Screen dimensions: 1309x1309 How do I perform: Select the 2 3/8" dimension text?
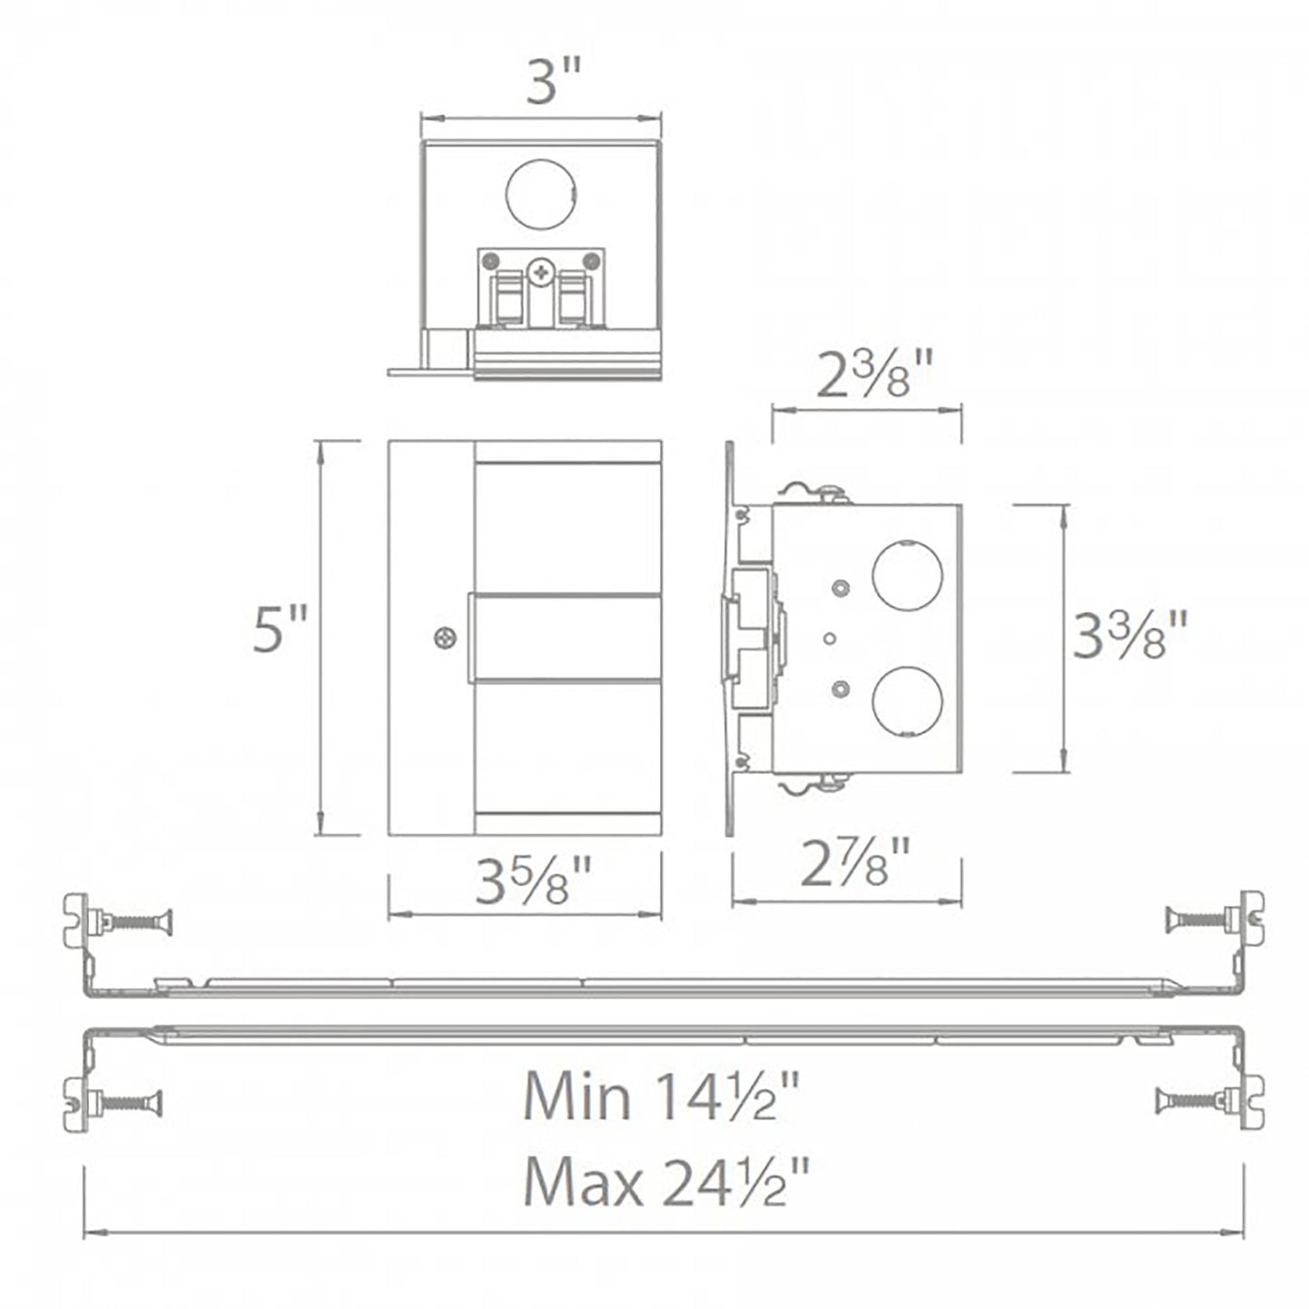point(873,378)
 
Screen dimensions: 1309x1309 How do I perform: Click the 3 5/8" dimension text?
point(534,882)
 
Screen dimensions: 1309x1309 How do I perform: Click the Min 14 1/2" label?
point(662,1097)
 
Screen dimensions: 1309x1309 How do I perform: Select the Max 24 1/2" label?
point(667,1183)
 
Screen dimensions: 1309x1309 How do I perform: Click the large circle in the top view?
point(541,193)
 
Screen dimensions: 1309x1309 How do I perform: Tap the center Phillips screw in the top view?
point(542,269)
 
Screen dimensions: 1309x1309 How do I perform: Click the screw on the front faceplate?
point(444,638)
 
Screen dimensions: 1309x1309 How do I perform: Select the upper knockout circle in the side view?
point(906,575)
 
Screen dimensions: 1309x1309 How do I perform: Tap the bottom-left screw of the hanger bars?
point(130,1102)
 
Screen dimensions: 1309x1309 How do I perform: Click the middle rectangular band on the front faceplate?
point(563,638)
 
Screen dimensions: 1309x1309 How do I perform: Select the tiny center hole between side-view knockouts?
point(828,639)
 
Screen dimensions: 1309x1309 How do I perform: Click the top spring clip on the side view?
point(812,491)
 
